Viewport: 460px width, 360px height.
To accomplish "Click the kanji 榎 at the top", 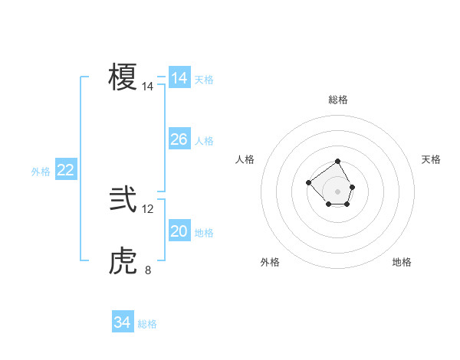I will tap(123, 77).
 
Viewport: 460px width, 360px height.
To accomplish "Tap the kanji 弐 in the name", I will tap(123, 201).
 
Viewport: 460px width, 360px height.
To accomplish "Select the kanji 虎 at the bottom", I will tap(123, 263).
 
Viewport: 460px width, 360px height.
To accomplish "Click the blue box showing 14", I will tap(179, 78).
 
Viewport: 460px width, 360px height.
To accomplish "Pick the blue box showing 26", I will tap(179, 139).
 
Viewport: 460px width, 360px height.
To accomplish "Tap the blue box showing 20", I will tap(179, 231).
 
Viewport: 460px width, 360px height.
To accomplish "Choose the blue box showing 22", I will tap(65, 170).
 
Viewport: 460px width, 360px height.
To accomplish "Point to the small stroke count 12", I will tap(148, 208).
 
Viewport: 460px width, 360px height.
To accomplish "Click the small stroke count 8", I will tap(148, 270).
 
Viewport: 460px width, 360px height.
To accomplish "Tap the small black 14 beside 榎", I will tap(148, 87).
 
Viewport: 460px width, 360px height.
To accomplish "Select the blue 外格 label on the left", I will tap(41, 172).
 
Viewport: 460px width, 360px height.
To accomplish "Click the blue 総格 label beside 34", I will tap(147, 324).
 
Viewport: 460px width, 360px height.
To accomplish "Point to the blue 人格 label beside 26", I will tap(204, 141).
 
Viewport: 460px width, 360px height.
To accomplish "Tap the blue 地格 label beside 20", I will tap(204, 233).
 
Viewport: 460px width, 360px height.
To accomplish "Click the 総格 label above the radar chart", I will tap(338, 100).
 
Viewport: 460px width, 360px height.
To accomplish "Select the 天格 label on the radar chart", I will tap(431, 159).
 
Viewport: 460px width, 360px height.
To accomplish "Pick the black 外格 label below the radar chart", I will tap(270, 262).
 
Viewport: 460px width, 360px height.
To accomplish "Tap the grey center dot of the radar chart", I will tap(338, 191).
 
